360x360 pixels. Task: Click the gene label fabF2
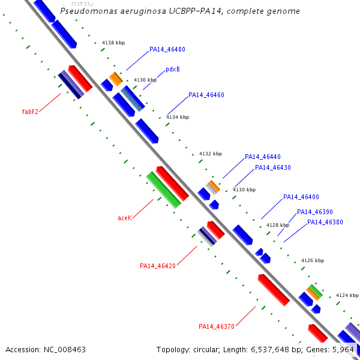[30, 112]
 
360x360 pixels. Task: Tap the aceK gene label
[125, 218]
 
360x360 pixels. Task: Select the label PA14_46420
[158, 266]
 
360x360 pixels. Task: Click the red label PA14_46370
[217, 326]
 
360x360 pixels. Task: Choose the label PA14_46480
[167, 50]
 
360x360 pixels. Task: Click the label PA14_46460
[206, 95]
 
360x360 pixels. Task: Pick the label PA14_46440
[263, 157]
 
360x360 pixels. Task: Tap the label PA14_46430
[273, 167]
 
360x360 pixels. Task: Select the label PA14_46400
[301, 197]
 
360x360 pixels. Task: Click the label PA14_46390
[315, 212]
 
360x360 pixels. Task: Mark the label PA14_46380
[325, 222]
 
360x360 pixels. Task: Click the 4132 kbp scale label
[211, 154]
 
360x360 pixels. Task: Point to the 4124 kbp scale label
[347, 295]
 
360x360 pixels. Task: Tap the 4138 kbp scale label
[113, 43]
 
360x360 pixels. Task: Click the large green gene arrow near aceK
[163, 190]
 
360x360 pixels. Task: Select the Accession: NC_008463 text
[46, 349]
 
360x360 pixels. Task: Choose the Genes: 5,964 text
[334, 349]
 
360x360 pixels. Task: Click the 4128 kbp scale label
[278, 226]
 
